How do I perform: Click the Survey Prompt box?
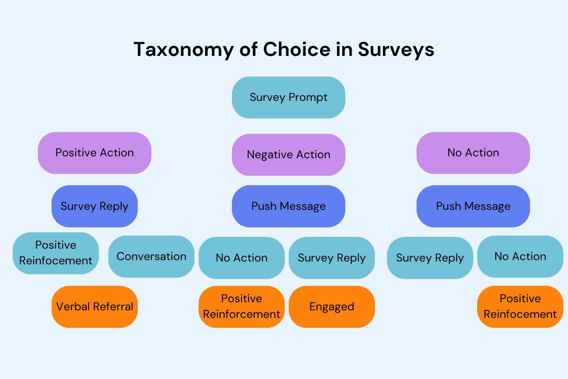click(288, 98)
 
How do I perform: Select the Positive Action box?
click(95, 153)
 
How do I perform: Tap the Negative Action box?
click(288, 154)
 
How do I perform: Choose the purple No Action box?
click(473, 153)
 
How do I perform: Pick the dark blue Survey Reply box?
click(95, 206)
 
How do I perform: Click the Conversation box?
click(151, 256)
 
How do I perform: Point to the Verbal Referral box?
click(95, 307)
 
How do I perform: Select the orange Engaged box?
click(332, 307)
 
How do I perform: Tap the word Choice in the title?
click(297, 49)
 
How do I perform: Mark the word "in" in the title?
click(344, 49)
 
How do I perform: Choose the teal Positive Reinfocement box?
click(56, 253)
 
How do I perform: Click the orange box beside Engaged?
click(241, 307)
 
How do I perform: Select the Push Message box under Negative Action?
click(288, 206)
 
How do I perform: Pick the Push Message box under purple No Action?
click(473, 206)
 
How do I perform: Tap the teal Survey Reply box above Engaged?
click(332, 258)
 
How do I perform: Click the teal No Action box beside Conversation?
click(241, 258)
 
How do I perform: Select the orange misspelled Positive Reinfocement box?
click(520, 307)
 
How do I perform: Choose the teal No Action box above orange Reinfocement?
click(520, 256)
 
